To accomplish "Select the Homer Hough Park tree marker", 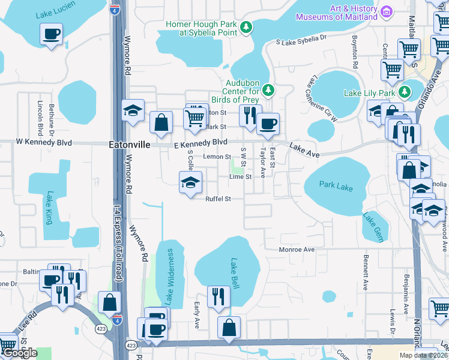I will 246,27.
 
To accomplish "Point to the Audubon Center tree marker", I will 270,90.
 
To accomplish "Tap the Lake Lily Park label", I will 369,93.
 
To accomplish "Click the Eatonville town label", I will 128,145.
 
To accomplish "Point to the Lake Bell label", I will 235,274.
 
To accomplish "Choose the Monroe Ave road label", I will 297,249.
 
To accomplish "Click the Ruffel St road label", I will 218,199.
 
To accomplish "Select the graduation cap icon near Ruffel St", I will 190,182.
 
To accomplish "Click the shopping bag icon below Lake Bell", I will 229,327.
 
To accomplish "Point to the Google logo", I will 20,353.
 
